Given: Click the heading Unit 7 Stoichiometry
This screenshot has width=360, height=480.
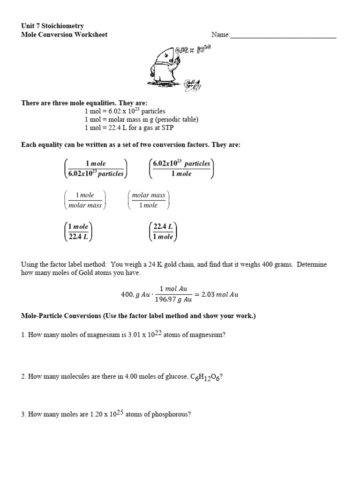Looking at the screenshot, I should click(x=52, y=26).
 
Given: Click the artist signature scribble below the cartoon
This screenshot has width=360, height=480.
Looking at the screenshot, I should click(x=193, y=84).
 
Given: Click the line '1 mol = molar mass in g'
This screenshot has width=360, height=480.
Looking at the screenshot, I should click(x=142, y=120).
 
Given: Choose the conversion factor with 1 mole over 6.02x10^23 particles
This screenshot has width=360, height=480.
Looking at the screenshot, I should click(x=96, y=169).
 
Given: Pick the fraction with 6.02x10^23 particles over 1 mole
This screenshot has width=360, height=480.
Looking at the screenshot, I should click(x=181, y=169).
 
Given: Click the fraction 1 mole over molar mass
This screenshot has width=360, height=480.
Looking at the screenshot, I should click(x=85, y=200).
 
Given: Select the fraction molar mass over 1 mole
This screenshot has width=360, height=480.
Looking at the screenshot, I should click(x=149, y=200).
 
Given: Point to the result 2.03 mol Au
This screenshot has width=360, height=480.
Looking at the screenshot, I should click(x=220, y=294).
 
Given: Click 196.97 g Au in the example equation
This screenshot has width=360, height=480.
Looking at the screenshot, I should click(x=173, y=300).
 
